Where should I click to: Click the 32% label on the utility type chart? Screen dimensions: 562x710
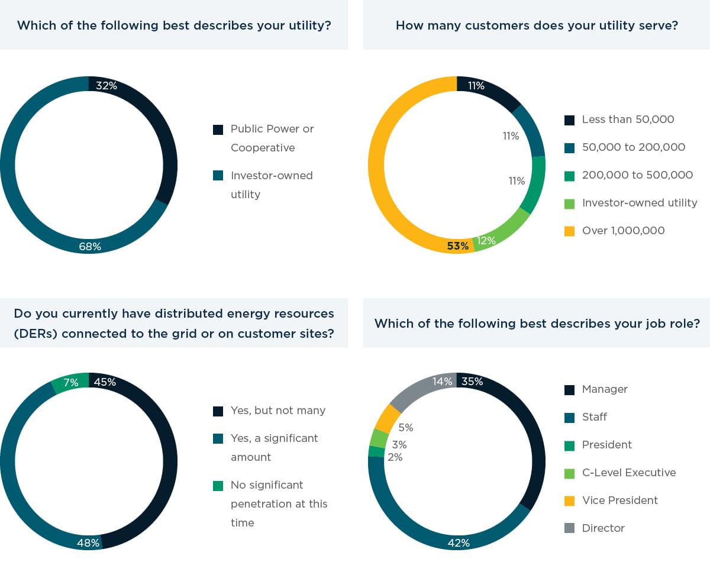pyautogui.click(x=106, y=86)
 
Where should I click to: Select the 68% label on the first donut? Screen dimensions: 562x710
pyautogui.click(x=90, y=247)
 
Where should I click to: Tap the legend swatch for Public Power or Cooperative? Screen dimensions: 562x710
pyautogui.click(x=218, y=130)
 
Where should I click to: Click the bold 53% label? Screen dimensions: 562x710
pyautogui.click(x=457, y=246)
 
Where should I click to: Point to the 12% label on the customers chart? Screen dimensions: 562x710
pyautogui.click(x=486, y=241)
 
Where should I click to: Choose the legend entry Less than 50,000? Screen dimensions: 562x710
pyautogui.click(x=628, y=119)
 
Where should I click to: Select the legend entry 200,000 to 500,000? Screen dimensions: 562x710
pyautogui.click(x=637, y=175)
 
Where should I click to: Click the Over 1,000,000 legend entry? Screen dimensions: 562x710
pyautogui.click(x=623, y=231)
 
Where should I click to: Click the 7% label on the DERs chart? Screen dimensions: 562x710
pyautogui.click(x=71, y=383)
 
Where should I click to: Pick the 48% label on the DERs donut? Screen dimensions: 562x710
pyautogui.click(x=88, y=542)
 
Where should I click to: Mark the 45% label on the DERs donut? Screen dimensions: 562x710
pyautogui.click(x=105, y=382)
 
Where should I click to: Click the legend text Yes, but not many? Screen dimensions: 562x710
pyautogui.click(x=277, y=411)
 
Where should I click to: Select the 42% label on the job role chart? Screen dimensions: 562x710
pyautogui.click(x=459, y=542)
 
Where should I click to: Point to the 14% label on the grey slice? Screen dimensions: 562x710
pyautogui.click(x=443, y=382)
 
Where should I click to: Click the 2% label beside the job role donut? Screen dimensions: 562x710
pyautogui.click(x=395, y=457)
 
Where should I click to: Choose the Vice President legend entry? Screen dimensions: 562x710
pyautogui.click(x=619, y=500)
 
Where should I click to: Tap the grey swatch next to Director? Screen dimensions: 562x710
pyautogui.click(x=570, y=528)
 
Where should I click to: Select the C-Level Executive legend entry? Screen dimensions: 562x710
pyautogui.click(x=628, y=473)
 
